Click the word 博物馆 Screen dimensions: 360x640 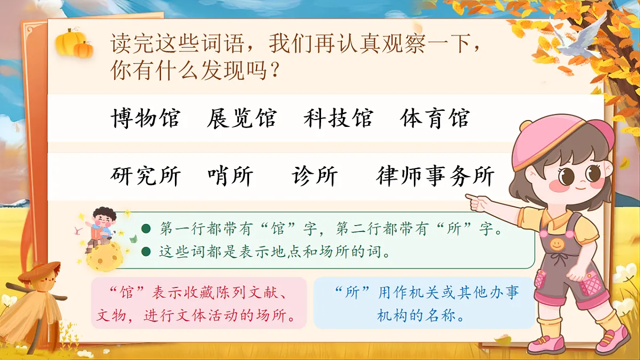tap(146, 118)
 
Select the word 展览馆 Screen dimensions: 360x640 tap(242, 118)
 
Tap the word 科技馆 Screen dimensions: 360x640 tap(338, 118)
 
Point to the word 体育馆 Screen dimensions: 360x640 tap(435, 118)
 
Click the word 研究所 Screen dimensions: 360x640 tap(146, 176)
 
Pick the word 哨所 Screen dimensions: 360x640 tap(230, 176)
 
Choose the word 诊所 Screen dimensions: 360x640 tap(315, 176)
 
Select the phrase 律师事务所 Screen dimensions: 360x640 tap(435, 176)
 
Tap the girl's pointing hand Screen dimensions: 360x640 tap(477, 202)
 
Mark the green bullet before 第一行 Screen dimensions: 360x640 tap(146, 229)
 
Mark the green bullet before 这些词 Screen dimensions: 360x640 tap(146, 251)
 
